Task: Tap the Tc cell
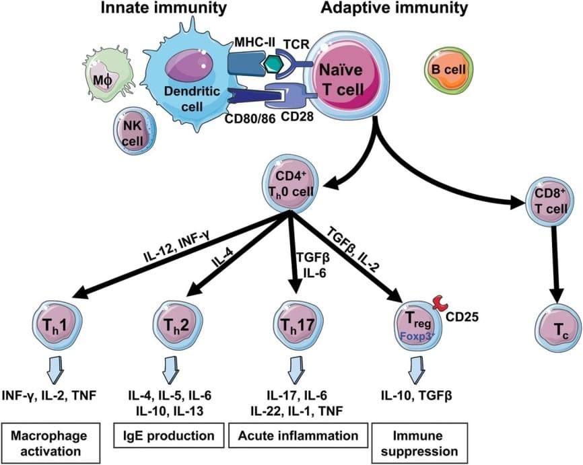click(556, 327)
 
